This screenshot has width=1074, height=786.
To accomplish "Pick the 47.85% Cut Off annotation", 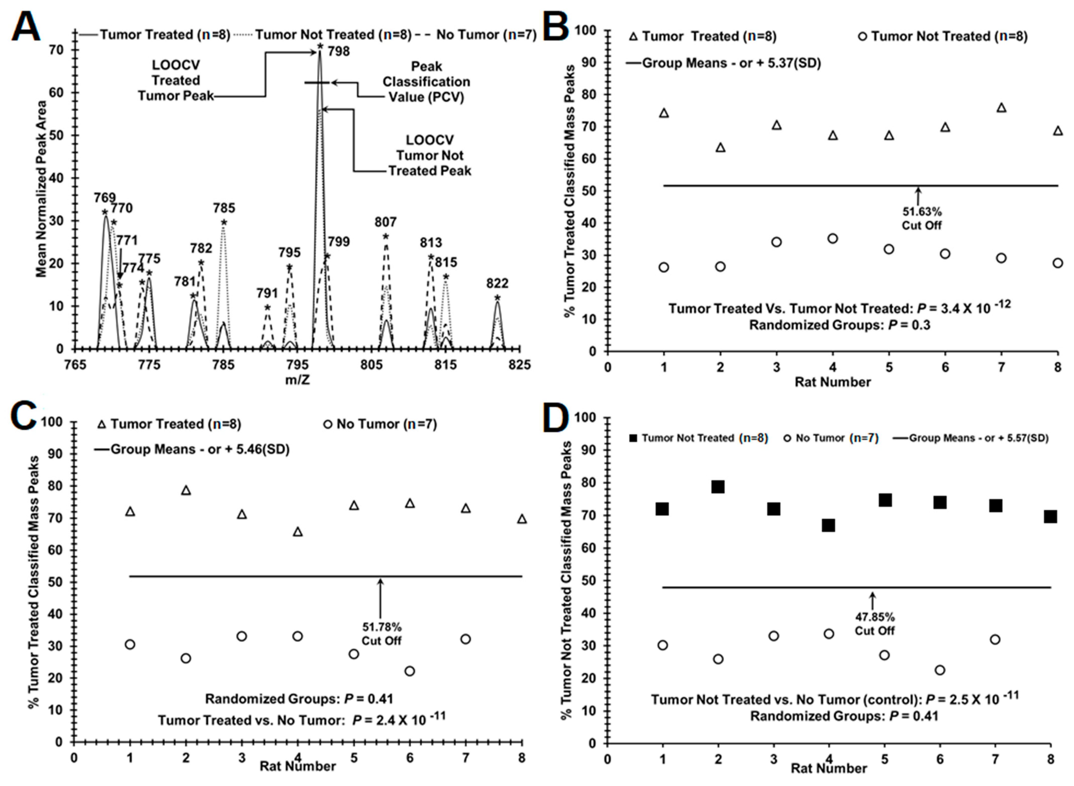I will [874, 624].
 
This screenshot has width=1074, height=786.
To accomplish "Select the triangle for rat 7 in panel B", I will [1001, 108].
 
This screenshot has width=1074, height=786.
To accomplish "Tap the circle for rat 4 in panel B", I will [832, 238].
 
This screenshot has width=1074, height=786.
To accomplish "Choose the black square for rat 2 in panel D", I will [718, 487].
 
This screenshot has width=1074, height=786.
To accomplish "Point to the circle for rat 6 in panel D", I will [940, 670].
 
